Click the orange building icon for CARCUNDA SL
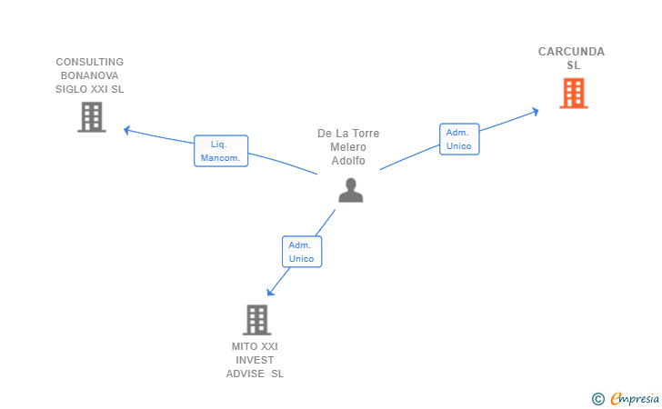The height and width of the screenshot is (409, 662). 573,94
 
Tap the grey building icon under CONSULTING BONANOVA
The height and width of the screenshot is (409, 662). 91,117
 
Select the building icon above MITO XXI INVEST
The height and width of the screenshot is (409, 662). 257,320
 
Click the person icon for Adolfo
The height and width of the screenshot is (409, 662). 350,189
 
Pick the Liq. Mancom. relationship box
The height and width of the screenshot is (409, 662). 221,151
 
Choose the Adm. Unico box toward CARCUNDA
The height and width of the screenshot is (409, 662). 459,139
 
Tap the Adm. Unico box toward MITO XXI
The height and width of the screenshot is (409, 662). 301,252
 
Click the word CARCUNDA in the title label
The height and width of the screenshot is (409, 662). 571,52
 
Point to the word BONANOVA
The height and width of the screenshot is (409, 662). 89,76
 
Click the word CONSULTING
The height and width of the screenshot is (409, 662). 89,63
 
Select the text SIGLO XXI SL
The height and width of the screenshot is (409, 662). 89,90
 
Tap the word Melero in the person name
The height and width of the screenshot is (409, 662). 348,147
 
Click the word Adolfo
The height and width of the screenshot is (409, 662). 348,161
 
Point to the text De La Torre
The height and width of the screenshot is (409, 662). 348,134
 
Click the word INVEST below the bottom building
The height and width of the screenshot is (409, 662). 255,360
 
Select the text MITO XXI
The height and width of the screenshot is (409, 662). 255,346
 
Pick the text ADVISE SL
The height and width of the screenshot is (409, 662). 255,374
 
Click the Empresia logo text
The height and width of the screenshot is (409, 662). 633,398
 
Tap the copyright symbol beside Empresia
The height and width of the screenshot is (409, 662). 597,398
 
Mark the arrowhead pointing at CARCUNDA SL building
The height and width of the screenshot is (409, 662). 536,111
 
